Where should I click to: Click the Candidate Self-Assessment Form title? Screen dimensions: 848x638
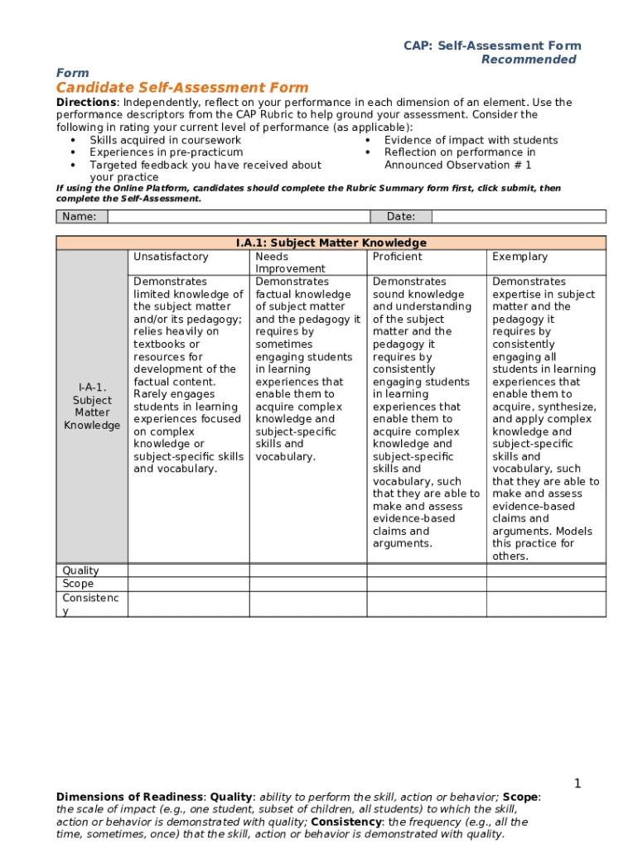[182, 88]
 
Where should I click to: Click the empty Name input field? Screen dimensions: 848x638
[239, 217]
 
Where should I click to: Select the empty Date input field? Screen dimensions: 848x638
[520, 217]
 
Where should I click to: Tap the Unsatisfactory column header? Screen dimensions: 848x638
[171, 257]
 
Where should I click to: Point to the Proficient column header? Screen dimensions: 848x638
[397, 257]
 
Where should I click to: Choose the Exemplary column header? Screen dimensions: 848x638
[520, 257]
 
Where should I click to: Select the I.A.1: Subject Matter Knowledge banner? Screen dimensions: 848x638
[331, 243]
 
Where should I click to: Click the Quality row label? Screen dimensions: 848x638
[80, 571]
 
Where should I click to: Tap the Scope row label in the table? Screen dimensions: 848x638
[78, 584]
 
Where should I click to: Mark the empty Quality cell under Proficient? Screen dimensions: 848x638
[426, 571]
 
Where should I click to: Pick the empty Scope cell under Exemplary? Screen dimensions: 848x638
[545, 584]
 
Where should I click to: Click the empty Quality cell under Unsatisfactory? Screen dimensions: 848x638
[188, 571]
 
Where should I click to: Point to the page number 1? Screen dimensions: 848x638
[578, 783]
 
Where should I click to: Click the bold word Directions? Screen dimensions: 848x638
[85, 103]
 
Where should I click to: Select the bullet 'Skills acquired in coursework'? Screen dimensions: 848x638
[165, 140]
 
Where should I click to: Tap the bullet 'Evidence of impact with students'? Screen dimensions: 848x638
[471, 140]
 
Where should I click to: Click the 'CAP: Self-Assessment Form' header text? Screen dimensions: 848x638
[492, 46]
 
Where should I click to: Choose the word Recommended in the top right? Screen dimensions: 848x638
[529, 60]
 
